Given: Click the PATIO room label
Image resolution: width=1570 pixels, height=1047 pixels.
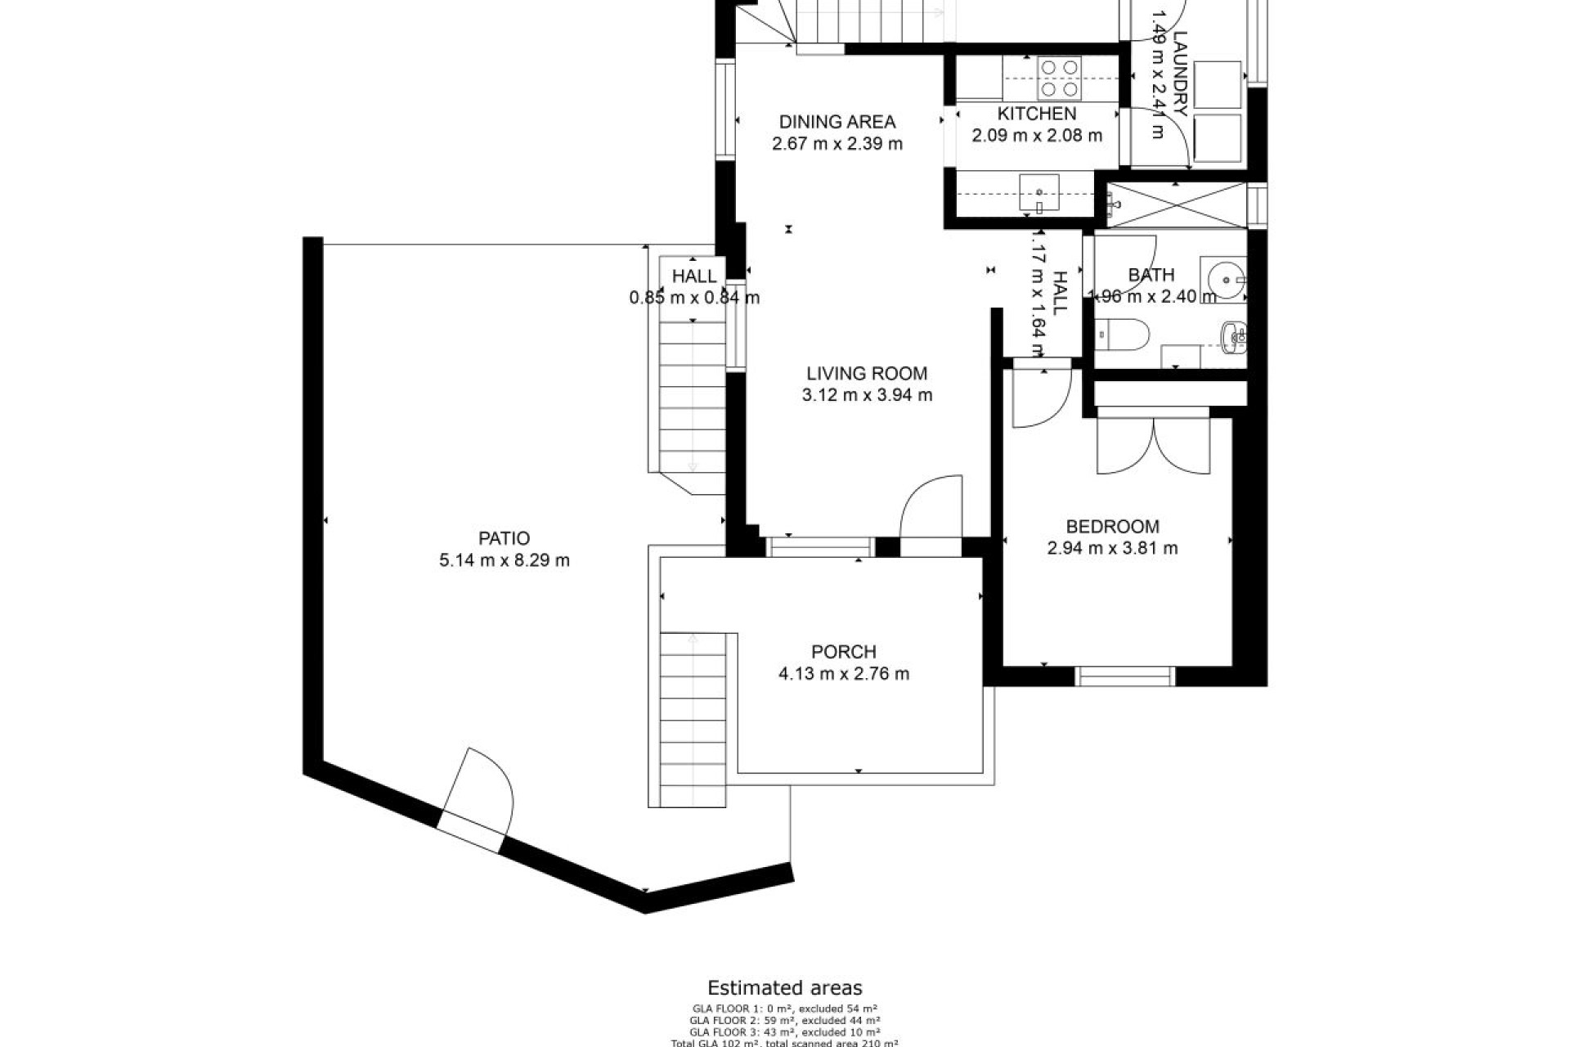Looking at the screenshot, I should click(504, 538).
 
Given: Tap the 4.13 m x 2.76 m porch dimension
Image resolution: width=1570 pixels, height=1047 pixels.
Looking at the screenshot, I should click(844, 674).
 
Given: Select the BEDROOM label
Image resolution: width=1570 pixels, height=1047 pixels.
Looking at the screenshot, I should click(1112, 527).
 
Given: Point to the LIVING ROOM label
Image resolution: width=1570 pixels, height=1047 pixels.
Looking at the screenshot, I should click(867, 374).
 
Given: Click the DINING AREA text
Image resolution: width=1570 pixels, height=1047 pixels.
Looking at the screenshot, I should click(837, 122).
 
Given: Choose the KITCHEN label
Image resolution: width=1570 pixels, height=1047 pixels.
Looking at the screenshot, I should click(1036, 114).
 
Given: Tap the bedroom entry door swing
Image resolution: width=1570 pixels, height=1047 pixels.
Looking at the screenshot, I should click(1040, 399).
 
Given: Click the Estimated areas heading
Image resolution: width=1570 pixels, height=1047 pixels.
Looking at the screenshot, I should click(784, 988).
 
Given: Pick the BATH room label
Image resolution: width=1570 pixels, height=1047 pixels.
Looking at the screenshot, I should click(1151, 275).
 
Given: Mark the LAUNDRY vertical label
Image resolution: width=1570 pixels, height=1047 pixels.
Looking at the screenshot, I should click(1179, 74).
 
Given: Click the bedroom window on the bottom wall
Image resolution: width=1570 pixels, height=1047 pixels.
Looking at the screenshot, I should click(1125, 676).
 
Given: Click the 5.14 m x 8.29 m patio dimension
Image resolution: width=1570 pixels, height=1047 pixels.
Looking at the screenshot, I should click(504, 560).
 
